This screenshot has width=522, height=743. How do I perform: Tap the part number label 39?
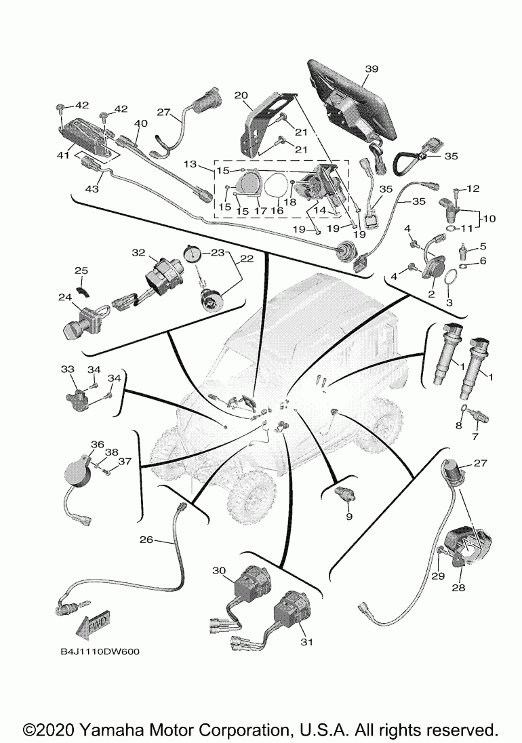(x=372, y=68)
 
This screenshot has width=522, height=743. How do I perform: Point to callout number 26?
(x=147, y=540)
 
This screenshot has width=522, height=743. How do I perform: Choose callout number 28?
(x=459, y=588)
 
